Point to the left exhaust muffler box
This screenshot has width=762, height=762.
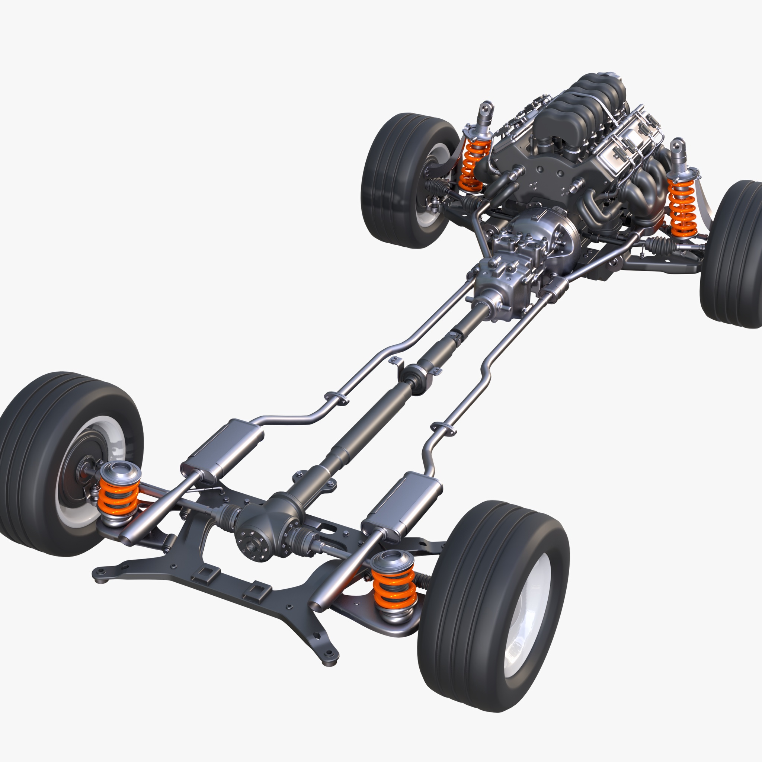[223, 449]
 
